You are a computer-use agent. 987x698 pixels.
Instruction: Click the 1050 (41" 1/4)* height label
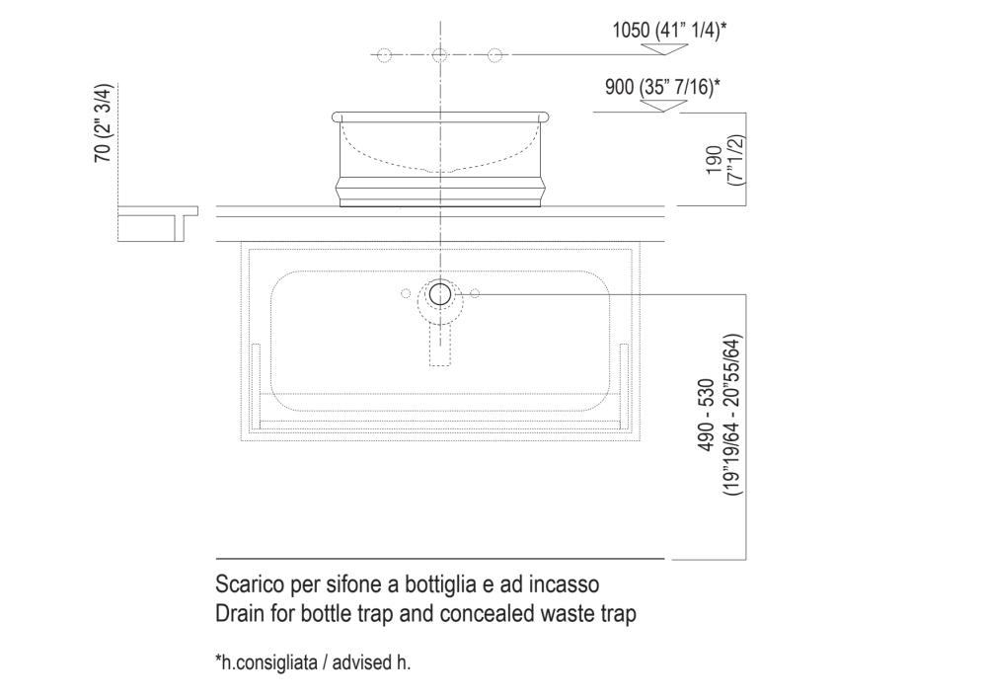[670, 30]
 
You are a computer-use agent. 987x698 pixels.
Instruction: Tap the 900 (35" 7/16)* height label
[662, 86]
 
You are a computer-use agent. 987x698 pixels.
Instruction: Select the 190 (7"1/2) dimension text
[724, 160]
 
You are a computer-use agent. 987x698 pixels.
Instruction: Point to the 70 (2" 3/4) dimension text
[103, 123]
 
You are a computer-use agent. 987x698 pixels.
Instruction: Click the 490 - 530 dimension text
[707, 415]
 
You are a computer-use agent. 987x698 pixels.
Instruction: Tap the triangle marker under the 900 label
[661, 106]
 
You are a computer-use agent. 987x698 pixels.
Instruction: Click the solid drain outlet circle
[440, 294]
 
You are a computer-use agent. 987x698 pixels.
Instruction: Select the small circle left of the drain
[406, 293]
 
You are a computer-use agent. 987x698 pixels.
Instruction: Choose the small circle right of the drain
[475, 293]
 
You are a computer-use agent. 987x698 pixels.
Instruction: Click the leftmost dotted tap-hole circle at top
[384, 55]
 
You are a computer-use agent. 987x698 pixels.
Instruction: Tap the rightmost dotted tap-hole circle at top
[495, 55]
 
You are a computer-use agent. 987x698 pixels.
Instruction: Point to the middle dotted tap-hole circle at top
[440, 55]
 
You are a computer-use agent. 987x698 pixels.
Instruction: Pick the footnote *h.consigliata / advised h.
[313, 662]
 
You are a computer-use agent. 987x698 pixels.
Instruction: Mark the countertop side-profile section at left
[157, 223]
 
